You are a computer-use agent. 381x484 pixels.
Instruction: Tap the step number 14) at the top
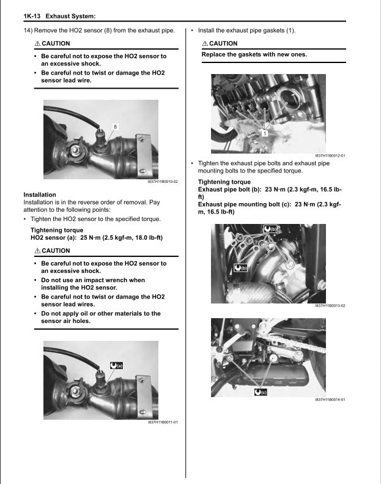pos(28,30)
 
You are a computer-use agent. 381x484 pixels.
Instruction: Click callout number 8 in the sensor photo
pos(116,126)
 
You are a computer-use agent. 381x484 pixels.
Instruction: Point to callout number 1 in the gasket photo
pos(264,133)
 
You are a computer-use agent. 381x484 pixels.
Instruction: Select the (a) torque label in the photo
pos(116,365)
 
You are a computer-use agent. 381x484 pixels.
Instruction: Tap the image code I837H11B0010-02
pos(163,182)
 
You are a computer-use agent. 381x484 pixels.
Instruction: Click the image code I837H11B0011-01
pos(163,422)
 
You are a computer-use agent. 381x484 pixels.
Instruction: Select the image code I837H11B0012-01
pos(330,156)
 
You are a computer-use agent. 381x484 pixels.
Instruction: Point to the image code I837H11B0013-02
pos(330,306)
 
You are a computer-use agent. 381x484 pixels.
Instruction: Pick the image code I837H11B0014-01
pos(330,400)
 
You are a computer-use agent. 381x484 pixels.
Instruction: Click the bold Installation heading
pos(39,195)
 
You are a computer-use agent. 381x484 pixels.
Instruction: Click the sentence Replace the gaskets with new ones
pos(254,54)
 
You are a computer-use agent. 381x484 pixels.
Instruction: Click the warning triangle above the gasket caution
pos(205,43)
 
